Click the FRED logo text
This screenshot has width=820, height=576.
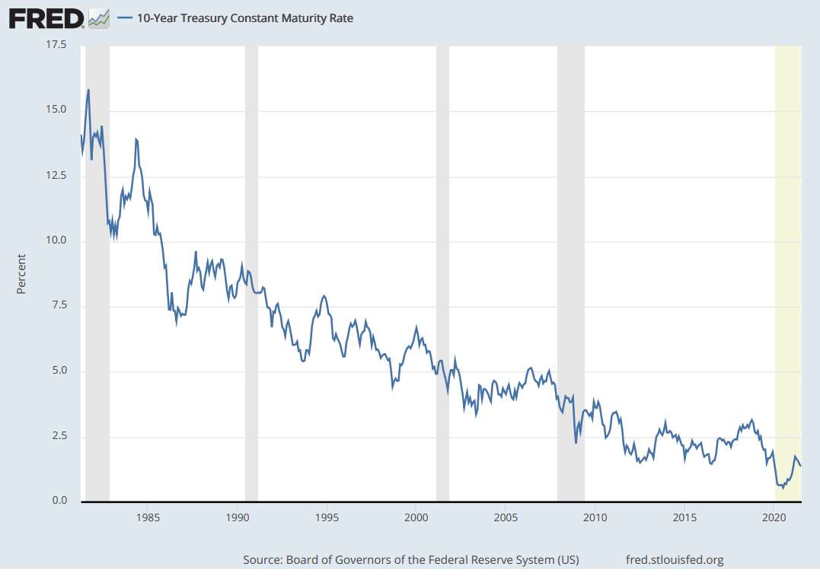tap(46, 18)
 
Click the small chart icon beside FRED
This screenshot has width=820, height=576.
tap(99, 18)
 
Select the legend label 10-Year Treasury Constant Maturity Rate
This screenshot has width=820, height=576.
tap(244, 18)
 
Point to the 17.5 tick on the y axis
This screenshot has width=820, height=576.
tap(56, 46)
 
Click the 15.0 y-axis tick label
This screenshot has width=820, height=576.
tap(56, 110)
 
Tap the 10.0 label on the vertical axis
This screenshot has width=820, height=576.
tap(56, 241)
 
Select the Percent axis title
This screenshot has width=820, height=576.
tap(21, 274)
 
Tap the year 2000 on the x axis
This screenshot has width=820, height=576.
tap(416, 518)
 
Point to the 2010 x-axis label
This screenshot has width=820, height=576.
tap(595, 518)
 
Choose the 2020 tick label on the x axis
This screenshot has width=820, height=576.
tap(774, 518)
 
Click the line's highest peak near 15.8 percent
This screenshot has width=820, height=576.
tap(88, 90)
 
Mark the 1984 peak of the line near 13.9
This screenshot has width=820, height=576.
tap(136, 139)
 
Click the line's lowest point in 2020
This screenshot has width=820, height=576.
tap(783, 488)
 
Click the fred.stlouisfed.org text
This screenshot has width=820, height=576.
tap(674, 560)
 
